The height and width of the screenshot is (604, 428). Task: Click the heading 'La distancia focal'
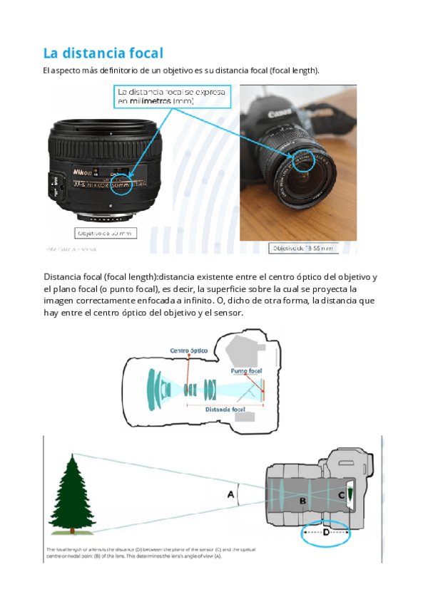click(103, 53)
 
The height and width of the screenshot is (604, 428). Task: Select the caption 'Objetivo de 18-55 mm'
click(302, 248)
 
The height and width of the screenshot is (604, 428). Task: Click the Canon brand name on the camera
click(278, 114)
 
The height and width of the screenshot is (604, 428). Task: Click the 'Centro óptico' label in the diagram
click(188, 350)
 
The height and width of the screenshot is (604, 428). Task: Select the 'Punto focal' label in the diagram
click(246, 371)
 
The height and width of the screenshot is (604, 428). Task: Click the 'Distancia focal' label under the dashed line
click(225, 410)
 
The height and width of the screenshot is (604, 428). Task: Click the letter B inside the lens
click(302, 501)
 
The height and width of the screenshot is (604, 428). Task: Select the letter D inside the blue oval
click(326, 532)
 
